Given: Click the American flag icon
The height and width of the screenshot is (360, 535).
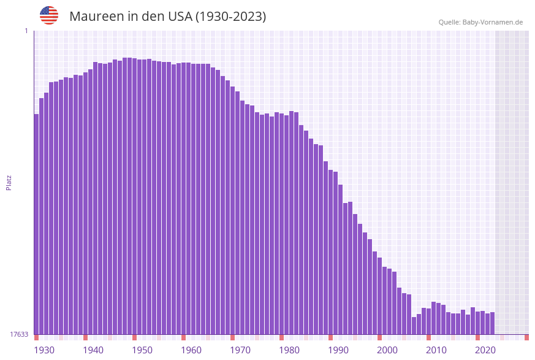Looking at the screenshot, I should click(49, 15).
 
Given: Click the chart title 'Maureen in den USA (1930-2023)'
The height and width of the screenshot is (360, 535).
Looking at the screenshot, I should click(167, 17).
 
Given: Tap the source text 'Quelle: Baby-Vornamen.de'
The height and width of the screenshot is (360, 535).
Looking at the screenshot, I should click(480, 22).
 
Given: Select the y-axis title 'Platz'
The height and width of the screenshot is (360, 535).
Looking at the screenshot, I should click(9, 182).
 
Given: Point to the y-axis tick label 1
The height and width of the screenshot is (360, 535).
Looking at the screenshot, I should click(26, 31).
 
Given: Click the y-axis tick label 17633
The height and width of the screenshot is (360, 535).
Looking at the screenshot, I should click(19, 334).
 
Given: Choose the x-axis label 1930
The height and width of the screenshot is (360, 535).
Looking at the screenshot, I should click(44, 350).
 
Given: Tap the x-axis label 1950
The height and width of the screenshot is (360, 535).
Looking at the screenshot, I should click(142, 350).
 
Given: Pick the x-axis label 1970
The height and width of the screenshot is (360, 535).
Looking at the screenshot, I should click(240, 350).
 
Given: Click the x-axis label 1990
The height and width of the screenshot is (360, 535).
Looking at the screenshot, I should click(338, 350).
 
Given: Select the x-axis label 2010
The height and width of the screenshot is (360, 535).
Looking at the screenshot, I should click(436, 350).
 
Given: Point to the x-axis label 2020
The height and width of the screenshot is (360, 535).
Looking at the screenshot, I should click(485, 350).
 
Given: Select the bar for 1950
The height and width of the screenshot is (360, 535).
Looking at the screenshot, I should click(135, 196).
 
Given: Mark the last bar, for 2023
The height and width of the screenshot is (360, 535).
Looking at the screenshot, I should click(493, 323).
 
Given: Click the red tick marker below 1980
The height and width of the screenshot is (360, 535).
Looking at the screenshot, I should click(282, 337).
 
